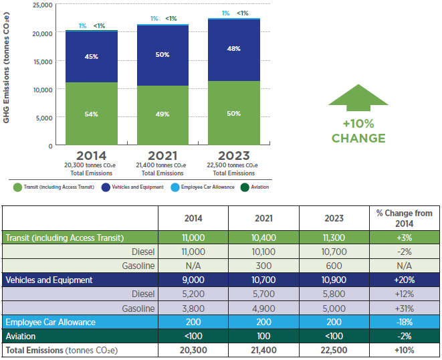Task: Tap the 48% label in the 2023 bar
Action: click(x=234, y=48)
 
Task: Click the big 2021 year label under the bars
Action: click(x=162, y=156)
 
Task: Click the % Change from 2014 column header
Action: click(x=405, y=218)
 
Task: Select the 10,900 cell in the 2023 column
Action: click(x=333, y=280)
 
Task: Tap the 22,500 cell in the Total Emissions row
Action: click(x=333, y=350)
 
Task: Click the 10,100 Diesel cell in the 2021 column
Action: click(x=263, y=252)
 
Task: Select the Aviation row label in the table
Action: click(x=21, y=336)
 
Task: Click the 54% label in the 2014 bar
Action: click(x=92, y=114)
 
